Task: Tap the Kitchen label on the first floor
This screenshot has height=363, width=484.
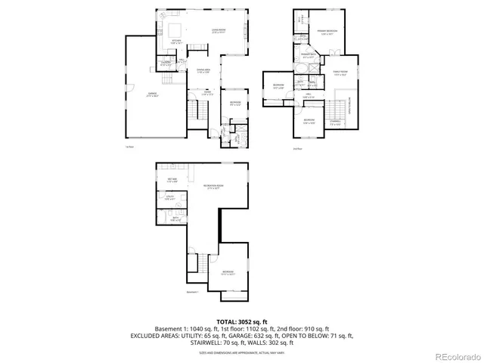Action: [x=176, y=42]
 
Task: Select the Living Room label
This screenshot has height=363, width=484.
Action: [x=219, y=32]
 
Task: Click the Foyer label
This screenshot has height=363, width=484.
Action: [x=207, y=93]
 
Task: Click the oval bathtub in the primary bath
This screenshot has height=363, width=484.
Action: [x=305, y=67]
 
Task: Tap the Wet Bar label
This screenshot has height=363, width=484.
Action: [x=172, y=181]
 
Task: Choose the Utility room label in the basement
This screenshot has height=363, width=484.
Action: [x=169, y=199]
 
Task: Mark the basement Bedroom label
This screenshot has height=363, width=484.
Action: [x=228, y=272]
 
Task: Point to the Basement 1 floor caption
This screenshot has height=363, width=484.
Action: [x=192, y=291]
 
